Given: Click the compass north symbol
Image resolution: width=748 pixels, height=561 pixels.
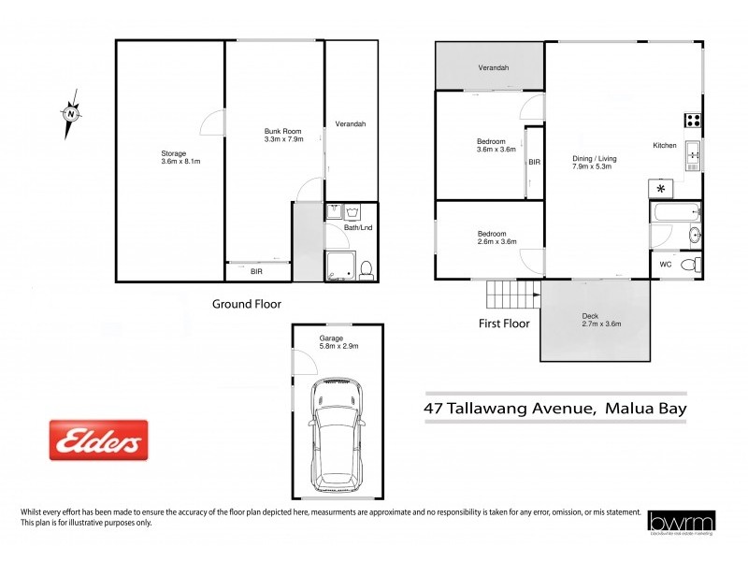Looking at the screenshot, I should click(x=70, y=115).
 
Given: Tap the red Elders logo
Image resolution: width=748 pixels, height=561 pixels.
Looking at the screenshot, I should click(x=98, y=440).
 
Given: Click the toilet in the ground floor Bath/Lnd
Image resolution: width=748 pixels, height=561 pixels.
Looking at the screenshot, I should click(x=367, y=270).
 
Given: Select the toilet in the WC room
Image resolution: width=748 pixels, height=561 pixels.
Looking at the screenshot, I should click(x=690, y=266).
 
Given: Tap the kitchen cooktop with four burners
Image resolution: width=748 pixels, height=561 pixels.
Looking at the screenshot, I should click(x=694, y=119).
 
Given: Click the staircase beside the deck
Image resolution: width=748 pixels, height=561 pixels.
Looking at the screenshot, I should click(x=512, y=296).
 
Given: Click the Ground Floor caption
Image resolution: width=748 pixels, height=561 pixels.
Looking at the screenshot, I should click(x=246, y=304).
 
